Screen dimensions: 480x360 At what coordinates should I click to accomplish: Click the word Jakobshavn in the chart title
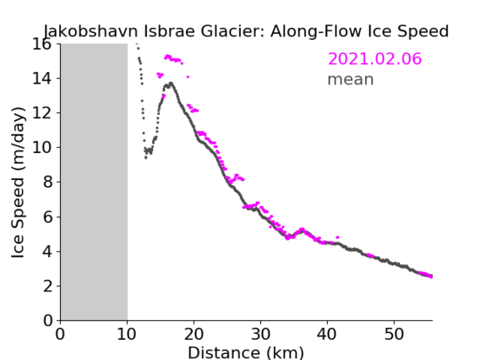[91, 31]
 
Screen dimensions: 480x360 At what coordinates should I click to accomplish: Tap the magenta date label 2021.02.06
[374, 58]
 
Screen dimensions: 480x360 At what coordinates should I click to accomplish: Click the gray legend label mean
[351, 79]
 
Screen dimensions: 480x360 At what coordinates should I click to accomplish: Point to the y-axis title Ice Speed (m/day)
[18, 183]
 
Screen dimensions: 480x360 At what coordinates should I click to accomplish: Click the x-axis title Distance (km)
[246, 352]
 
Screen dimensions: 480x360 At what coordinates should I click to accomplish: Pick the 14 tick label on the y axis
[42, 79]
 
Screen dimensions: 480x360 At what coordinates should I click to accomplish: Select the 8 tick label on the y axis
[47, 183]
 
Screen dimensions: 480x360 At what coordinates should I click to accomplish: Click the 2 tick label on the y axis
[47, 286]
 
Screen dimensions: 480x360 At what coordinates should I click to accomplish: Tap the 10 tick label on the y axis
[42, 148]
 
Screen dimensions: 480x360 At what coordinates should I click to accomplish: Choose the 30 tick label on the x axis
[260, 334]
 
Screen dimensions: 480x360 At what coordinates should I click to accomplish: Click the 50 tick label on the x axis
[394, 334]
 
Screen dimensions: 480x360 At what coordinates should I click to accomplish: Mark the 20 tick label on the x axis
[194, 334]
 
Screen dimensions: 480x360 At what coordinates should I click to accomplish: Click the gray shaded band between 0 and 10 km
[94, 182]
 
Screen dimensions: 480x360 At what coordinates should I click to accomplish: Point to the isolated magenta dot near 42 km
[337, 237]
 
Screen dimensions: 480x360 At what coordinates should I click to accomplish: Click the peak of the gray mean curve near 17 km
[171, 83]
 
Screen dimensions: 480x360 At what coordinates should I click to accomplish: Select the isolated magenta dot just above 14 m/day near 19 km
[188, 77]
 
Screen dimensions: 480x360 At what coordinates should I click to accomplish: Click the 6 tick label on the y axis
[47, 217]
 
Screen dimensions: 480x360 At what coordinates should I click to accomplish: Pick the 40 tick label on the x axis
[327, 334]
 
